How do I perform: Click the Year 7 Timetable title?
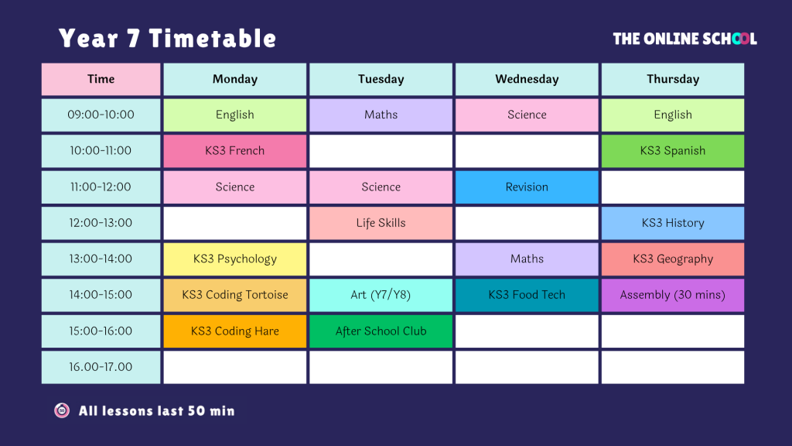coord(167,39)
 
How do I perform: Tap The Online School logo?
coord(685,39)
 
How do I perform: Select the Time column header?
coord(101,80)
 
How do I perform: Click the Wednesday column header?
coord(527,80)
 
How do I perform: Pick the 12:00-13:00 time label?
coord(101,223)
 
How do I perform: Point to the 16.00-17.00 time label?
coord(101,367)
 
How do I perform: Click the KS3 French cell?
coord(235,151)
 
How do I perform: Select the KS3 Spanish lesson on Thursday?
coord(673,151)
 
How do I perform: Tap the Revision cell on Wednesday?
coord(527,187)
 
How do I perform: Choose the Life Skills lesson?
coord(381,223)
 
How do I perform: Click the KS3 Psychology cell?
coord(235,259)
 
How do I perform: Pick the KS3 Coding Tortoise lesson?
coord(235,295)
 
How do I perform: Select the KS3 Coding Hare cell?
coord(235,331)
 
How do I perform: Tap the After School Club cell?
coord(381,331)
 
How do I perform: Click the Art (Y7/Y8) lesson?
coord(381,295)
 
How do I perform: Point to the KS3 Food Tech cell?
coord(527,295)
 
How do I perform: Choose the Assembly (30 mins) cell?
coord(673,295)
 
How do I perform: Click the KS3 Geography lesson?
coord(673,259)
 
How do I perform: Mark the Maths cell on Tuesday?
coord(381,115)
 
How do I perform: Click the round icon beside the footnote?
coord(62,410)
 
